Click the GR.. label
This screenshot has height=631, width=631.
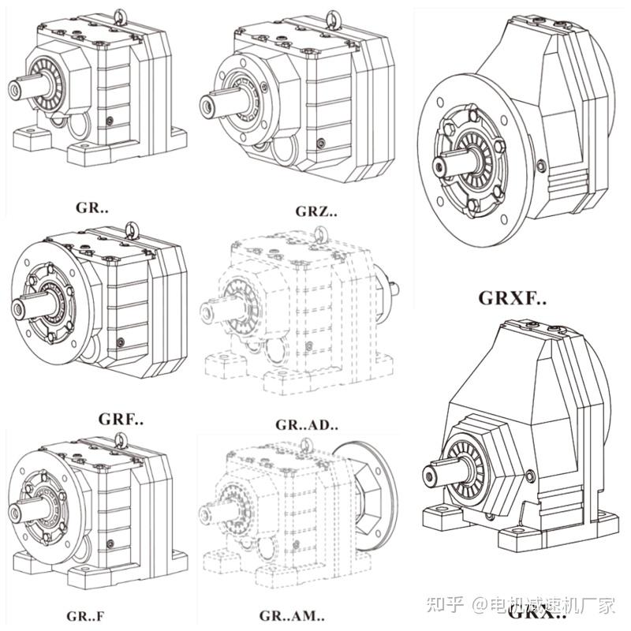coord(92,207)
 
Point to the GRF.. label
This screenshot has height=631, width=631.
coord(121,417)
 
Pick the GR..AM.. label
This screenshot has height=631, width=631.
coord(291,614)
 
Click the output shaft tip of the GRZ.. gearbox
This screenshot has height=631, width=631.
coord(207,103)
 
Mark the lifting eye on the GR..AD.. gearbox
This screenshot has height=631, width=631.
coord(319,233)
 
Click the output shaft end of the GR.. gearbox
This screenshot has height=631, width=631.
coord(14,88)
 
